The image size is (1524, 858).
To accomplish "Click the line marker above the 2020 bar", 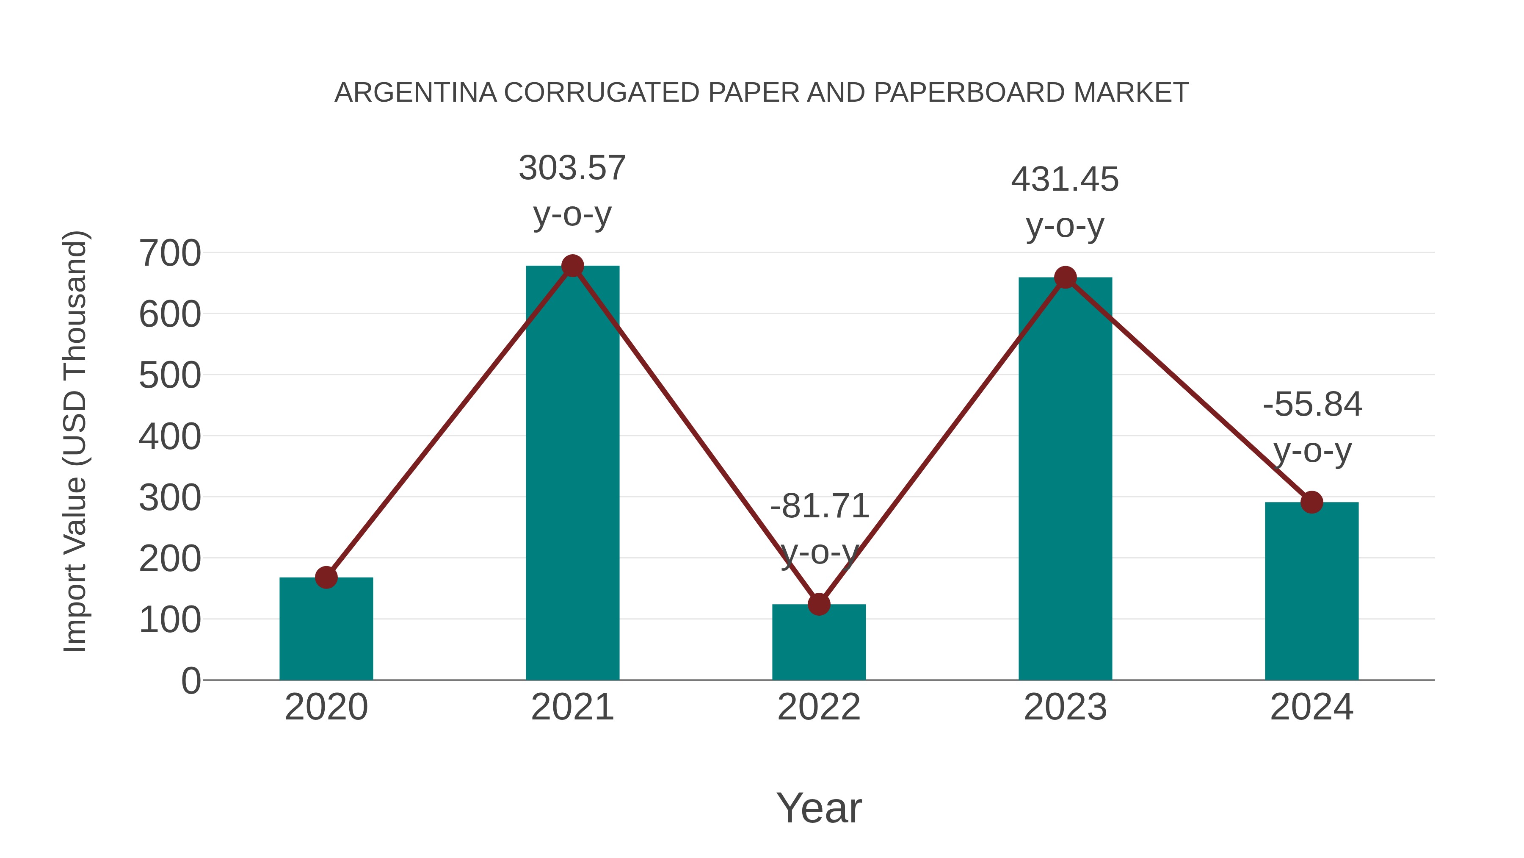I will click(x=326, y=578).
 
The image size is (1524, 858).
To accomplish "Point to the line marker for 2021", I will click(x=572, y=266).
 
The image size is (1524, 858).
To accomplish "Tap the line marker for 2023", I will click(x=1065, y=277).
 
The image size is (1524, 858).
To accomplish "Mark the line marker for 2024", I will click(x=1311, y=502).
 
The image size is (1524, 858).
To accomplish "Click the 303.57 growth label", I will click(x=572, y=168).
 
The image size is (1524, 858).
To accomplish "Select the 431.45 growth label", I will click(x=1065, y=180).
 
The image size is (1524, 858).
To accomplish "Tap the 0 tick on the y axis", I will click(x=190, y=681).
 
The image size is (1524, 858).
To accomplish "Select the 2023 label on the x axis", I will click(x=1065, y=708).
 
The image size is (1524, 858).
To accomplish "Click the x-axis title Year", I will click(x=819, y=808).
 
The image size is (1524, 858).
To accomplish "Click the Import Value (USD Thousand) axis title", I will click(x=76, y=441).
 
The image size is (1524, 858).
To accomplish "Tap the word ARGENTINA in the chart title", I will click(x=415, y=93).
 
